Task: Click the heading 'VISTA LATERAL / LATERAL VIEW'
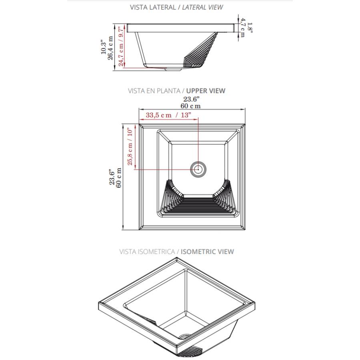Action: click(176, 7)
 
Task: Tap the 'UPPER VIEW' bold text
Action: click(206, 91)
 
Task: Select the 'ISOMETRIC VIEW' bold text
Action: click(207, 252)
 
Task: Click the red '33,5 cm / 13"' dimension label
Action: click(168, 115)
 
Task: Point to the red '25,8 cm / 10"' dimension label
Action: click(130, 147)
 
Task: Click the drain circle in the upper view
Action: click(198, 170)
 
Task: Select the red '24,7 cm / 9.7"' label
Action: click(121, 47)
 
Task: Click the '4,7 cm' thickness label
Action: click(242, 28)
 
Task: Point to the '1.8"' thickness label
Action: click(250, 28)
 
